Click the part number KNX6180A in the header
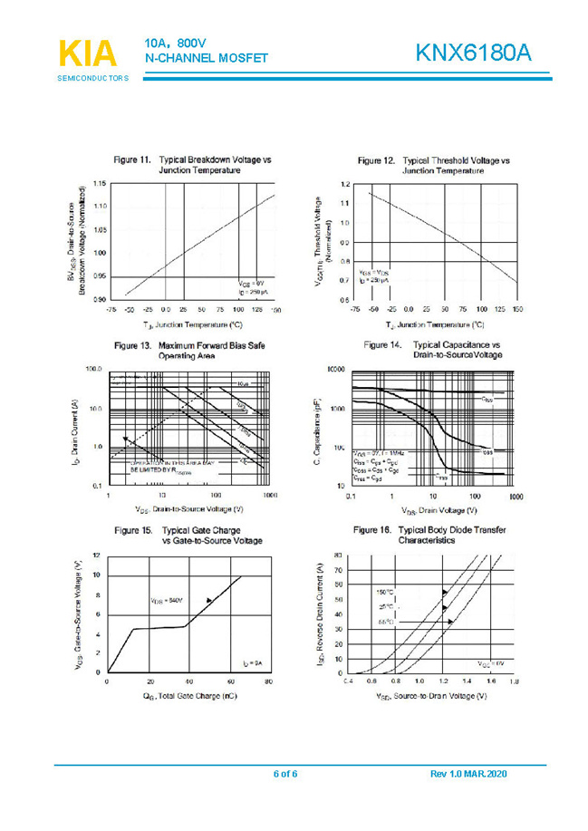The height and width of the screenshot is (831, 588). coord(473,53)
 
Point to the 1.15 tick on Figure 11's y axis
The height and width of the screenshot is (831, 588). coord(100,184)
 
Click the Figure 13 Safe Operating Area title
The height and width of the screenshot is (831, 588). coord(190,351)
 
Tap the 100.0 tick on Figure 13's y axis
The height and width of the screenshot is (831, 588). coord(94,370)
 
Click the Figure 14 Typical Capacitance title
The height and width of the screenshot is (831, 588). coord(433,350)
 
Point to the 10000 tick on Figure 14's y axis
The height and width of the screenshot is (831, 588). coord(336,371)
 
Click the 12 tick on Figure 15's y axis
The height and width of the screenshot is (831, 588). coord(97,555)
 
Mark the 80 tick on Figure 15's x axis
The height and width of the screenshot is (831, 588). coord(269,681)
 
